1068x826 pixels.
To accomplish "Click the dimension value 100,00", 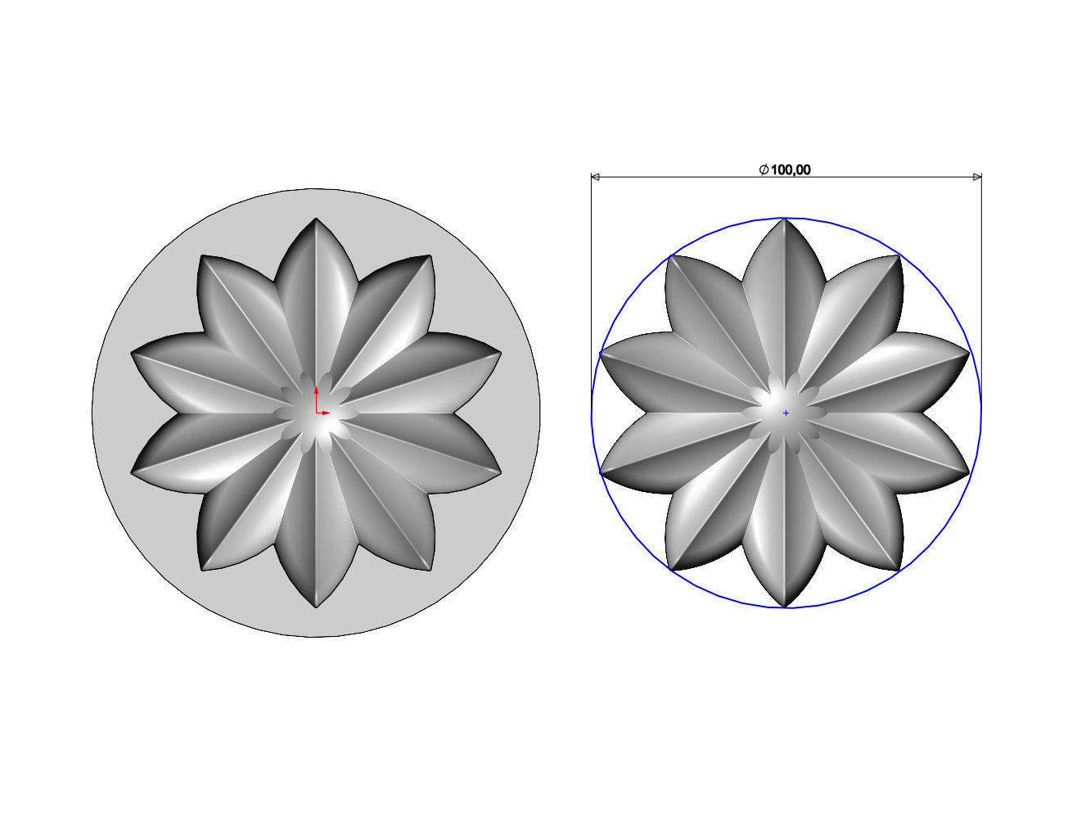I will click(x=791, y=169).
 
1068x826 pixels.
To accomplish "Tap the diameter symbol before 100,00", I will click(x=763, y=169).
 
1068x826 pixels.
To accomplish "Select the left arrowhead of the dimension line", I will click(x=596, y=176).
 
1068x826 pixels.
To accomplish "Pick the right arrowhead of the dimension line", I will click(x=976, y=176).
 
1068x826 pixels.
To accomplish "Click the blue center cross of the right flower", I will click(x=786, y=413).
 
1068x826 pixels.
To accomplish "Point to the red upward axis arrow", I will click(x=316, y=391).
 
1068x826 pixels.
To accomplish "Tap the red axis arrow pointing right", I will click(x=326, y=413).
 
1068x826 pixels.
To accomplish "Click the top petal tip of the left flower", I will click(x=316, y=219).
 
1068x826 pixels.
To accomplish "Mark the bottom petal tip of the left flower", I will click(x=316, y=607).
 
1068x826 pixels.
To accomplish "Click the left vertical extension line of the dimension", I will click(x=592, y=287).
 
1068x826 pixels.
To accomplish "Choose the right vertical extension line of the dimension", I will click(x=980, y=287).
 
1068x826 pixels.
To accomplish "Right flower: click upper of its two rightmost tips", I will click(x=969, y=353).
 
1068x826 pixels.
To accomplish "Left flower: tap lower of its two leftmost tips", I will click(x=132, y=472).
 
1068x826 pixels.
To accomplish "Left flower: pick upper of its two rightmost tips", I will click(x=500, y=353).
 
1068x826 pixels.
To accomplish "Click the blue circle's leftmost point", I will click(x=592, y=413).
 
